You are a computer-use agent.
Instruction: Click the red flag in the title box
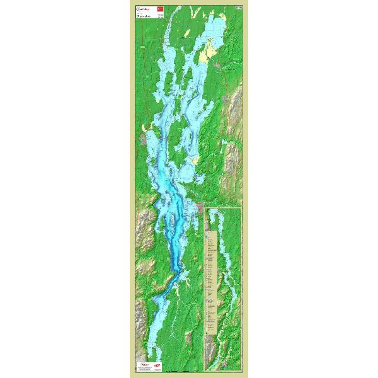click(159, 9)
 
